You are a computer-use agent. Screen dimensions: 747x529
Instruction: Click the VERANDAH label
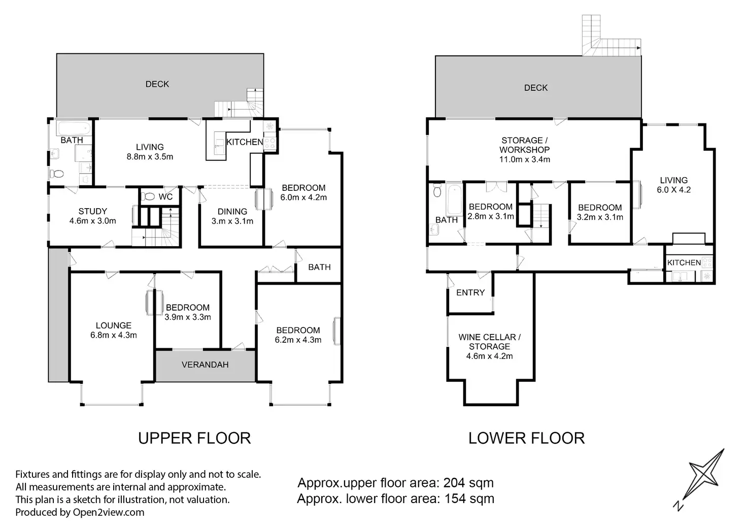tap(205, 365)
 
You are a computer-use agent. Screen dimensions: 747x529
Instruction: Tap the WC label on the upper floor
tap(165, 197)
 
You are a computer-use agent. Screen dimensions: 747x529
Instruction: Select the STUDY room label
tap(93, 211)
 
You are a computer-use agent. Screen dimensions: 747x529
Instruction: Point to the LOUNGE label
tap(114, 325)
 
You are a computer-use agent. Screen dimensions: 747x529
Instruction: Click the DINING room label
tap(232, 212)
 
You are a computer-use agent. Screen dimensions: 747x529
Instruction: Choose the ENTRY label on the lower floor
tap(470, 292)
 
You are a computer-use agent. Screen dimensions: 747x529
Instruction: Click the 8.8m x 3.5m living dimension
tap(150, 157)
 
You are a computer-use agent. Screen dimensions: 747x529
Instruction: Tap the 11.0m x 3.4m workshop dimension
tap(525, 159)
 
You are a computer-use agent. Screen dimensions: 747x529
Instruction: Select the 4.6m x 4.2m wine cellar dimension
tap(490, 356)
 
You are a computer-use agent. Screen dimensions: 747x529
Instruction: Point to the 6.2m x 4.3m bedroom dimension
tap(298, 340)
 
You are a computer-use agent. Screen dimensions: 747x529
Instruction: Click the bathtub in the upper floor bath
tap(74, 128)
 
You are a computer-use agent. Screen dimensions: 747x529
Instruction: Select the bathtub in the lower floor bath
tap(454, 200)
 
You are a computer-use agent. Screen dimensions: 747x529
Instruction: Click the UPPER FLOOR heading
tap(194, 438)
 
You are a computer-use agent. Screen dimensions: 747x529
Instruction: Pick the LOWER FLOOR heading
tap(527, 438)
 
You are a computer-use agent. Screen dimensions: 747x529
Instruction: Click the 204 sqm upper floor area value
tap(468, 483)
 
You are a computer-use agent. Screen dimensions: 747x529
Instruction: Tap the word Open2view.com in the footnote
tap(109, 512)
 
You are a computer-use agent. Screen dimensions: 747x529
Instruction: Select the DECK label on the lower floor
tap(536, 88)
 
